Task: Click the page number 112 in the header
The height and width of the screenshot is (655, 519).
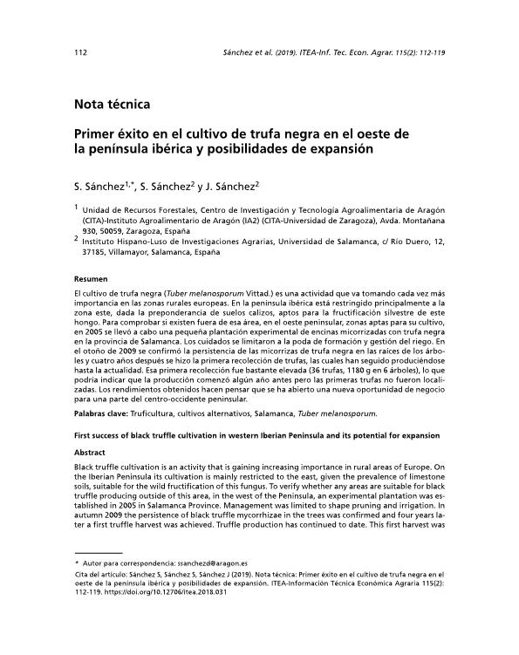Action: [81, 52]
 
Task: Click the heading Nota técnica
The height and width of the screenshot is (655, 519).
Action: [113, 105]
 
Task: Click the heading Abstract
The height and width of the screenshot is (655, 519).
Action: [90, 453]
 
